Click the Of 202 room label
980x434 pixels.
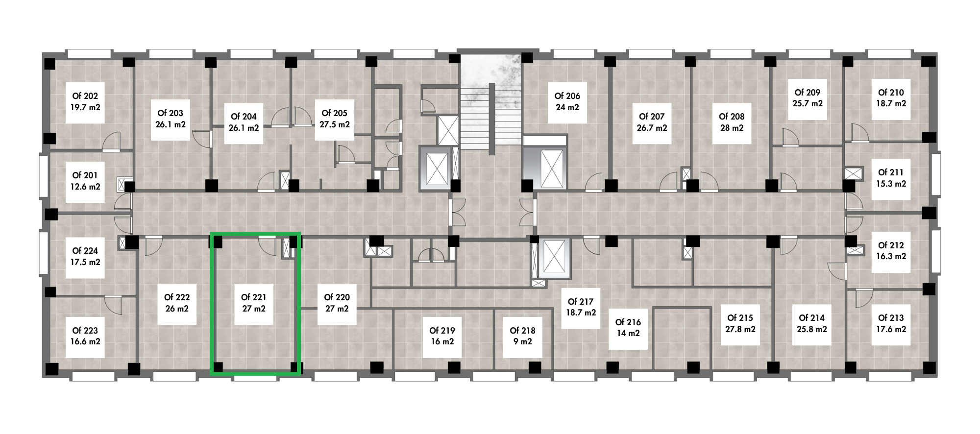click(x=85, y=101)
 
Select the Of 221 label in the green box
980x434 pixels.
click(x=254, y=303)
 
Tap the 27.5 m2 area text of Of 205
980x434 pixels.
click(x=335, y=124)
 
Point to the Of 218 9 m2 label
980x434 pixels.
click(x=522, y=336)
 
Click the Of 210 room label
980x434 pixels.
click(x=891, y=98)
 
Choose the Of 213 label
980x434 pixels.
click(x=891, y=323)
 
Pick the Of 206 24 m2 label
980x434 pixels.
click(x=567, y=101)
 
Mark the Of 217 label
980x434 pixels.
click(x=581, y=307)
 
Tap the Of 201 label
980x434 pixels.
click(x=85, y=181)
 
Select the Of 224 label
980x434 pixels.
click(x=85, y=256)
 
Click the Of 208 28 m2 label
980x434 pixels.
click(x=732, y=122)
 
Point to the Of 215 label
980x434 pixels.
click(x=740, y=323)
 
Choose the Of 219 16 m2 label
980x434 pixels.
click(x=442, y=336)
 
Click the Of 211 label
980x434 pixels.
click(x=891, y=178)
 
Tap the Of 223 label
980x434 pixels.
click(x=85, y=336)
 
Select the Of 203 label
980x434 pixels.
click(x=170, y=119)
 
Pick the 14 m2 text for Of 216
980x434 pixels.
click(x=628, y=333)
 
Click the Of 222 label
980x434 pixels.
click(x=177, y=303)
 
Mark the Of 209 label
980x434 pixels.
click(x=808, y=98)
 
